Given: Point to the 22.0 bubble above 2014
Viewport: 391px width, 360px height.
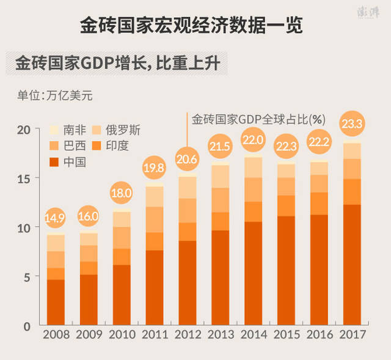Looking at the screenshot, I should [x=254, y=141].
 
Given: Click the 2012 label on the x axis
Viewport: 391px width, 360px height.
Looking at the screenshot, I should [x=188, y=336].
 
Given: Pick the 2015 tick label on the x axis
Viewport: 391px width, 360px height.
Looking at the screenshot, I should [x=287, y=336].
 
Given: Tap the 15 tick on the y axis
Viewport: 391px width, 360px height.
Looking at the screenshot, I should [x=23, y=178].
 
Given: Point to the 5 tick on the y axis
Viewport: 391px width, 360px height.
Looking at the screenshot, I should [x=26, y=277].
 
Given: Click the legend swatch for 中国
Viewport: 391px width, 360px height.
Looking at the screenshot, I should [x=54, y=162].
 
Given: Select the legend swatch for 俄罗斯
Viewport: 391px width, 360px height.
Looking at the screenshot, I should [x=95, y=130].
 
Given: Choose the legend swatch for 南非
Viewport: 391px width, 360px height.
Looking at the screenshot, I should [x=54, y=130].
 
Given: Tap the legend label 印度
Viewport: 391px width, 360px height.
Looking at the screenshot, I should [x=117, y=146].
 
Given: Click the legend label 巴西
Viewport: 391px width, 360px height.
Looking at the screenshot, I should [x=75, y=146].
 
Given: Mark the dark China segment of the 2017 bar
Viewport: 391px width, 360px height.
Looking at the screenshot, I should [x=353, y=266].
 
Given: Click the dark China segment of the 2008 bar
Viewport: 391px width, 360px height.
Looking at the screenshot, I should [x=56, y=303].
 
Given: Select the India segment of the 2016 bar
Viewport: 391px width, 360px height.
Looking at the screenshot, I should [x=320, y=204].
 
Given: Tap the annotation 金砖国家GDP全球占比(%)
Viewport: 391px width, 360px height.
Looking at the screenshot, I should [x=258, y=118].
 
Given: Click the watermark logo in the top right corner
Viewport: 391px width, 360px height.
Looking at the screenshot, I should [x=368, y=14].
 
